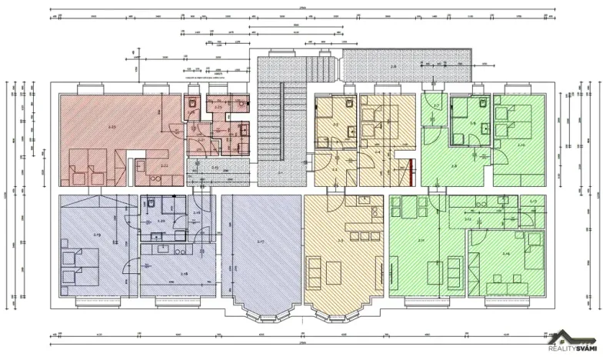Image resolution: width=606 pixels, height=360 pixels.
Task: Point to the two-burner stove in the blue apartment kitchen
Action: [179, 251]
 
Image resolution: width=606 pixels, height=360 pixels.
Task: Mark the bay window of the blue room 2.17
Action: [261, 308]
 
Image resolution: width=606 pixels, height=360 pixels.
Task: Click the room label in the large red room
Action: [112, 125]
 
